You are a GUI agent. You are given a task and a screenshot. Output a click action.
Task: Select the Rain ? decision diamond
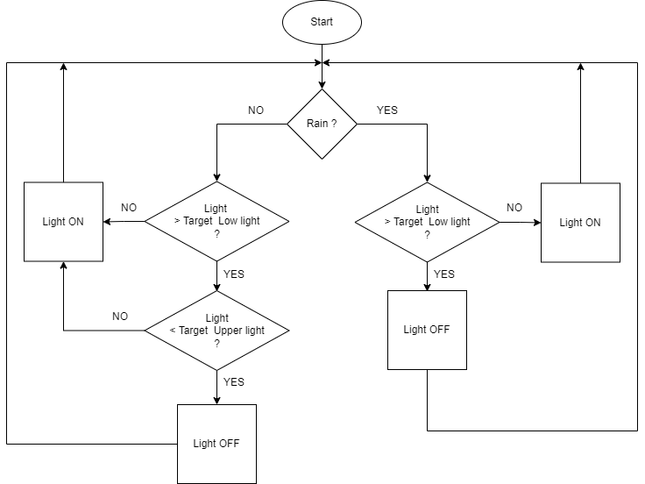322,124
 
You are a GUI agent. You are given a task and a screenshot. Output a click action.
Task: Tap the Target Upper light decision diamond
216,331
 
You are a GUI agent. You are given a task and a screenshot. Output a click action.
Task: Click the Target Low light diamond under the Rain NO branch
216,221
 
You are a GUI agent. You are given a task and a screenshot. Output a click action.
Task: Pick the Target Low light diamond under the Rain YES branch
427,221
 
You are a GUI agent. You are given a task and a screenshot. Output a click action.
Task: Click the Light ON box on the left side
63,222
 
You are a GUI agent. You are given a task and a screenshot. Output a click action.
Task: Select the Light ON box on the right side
580,222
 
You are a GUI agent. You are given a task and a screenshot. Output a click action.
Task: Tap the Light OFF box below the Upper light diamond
216,443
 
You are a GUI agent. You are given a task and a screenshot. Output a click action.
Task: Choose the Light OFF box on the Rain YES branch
427,330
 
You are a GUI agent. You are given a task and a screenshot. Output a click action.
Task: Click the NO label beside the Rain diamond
256,110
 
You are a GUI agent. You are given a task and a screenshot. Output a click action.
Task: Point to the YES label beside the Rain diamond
386,110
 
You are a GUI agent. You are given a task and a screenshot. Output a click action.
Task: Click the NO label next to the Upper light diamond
120,316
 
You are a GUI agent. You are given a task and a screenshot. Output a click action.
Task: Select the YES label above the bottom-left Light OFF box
234,382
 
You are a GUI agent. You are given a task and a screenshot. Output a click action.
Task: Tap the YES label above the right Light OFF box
444,274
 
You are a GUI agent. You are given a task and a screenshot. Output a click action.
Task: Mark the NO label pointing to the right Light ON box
514,208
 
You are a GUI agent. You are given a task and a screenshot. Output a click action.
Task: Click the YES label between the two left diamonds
234,274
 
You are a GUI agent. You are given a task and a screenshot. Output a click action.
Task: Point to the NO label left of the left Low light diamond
129,208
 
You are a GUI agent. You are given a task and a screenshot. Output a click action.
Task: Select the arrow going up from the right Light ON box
580,123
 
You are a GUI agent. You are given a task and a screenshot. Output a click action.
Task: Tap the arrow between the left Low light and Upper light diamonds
216,276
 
